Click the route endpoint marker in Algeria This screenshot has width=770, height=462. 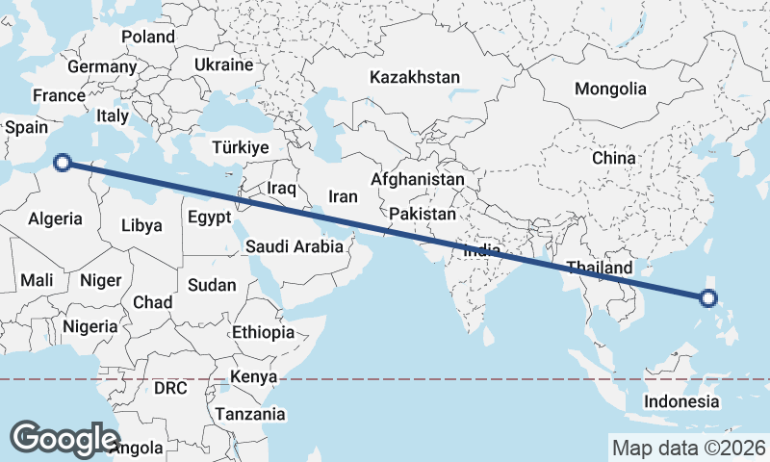point(63,163)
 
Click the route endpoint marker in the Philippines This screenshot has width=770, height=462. point(708,298)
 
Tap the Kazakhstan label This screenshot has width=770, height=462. point(415,77)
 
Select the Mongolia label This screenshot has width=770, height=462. point(610,89)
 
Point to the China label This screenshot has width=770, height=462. point(613,157)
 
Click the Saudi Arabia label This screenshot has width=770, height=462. point(294,246)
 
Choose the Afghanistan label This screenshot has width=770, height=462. point(417,180)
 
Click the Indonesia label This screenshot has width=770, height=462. point(681,401)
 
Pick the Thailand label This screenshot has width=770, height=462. point(600,268)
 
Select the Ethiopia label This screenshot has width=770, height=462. point(263,332)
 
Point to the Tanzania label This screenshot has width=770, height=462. point(250,414)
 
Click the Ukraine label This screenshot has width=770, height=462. point(223,64)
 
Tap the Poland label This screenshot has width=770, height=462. point(148,37)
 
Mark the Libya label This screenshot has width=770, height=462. point(141,226)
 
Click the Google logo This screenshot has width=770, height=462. point(64,438)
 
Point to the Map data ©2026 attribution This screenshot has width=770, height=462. point(688,448)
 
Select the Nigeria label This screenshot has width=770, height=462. point(90,326)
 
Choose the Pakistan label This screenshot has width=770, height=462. point(423,214)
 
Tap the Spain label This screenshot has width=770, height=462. point(26,127)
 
